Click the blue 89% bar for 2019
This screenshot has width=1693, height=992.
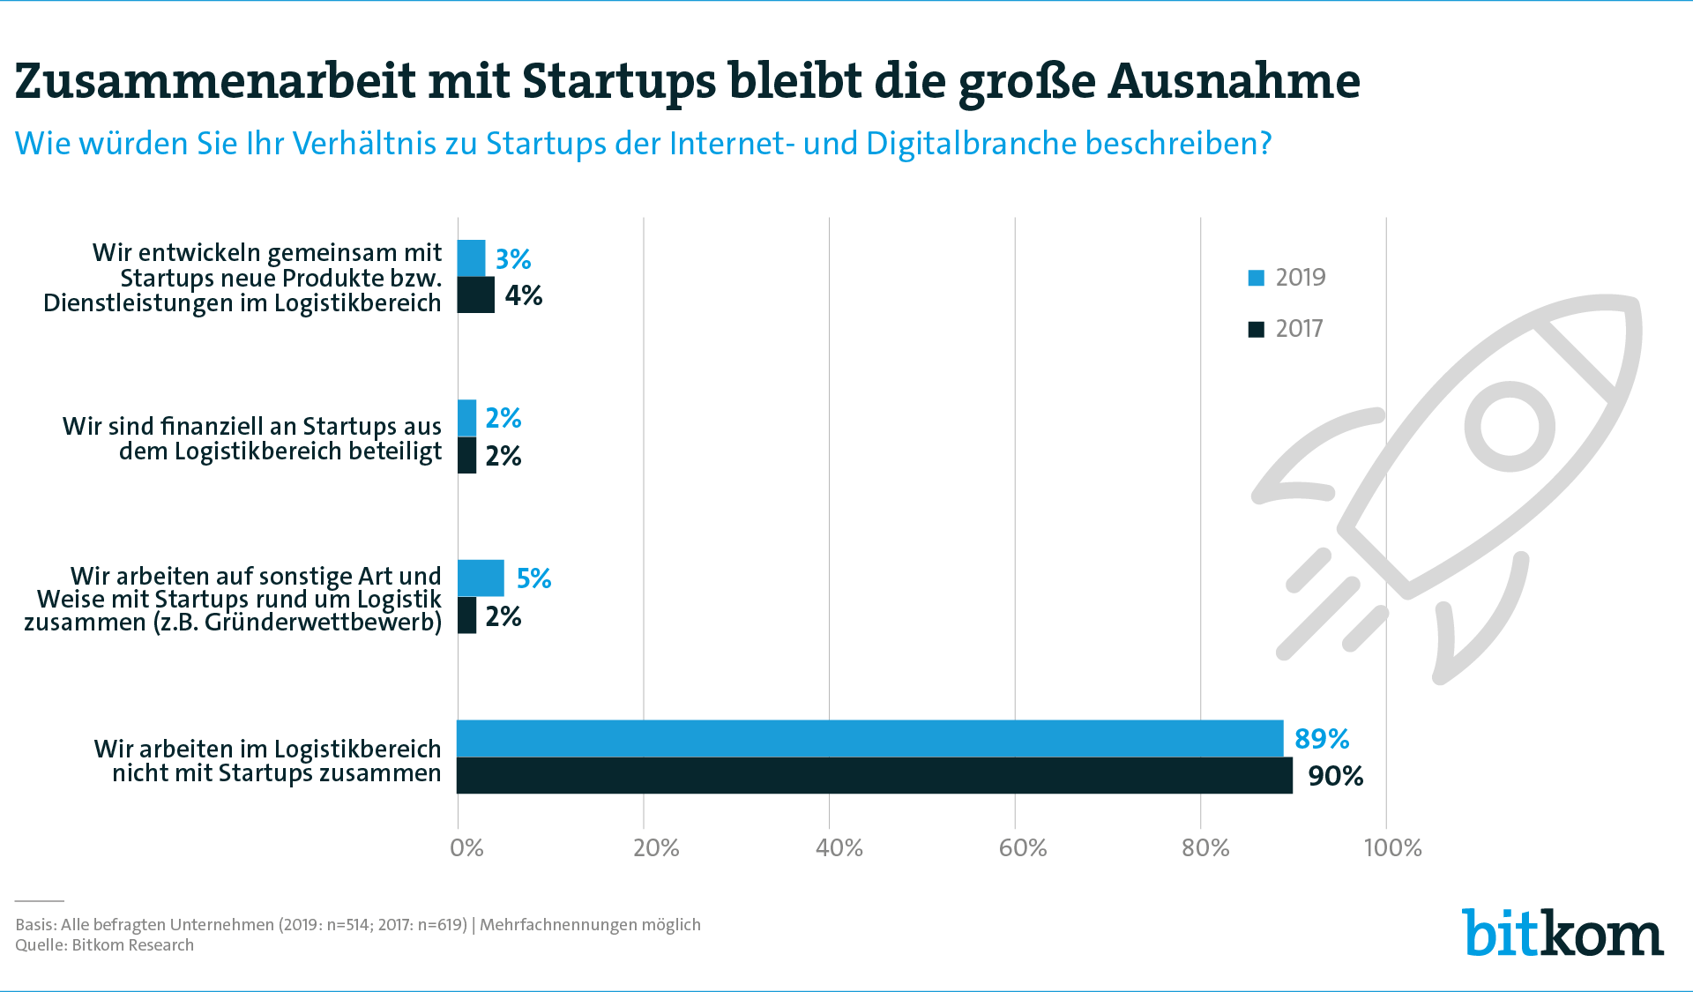(x=869, y=738)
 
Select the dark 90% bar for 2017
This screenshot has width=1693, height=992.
(x=874, y=775)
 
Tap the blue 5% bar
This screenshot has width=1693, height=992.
(x=481, y=578)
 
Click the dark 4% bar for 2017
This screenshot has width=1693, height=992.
(x=475, y=295)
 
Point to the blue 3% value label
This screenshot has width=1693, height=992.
(x=512, y=259)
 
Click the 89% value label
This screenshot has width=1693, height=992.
(x=1321, y=738)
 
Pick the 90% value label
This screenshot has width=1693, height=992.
(x=1335, y=776)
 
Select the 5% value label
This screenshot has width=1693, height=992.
(x=533, y=578)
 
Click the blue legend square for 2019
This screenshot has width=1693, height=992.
(x=1257, y=278)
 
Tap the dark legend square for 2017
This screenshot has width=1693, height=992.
(x=1257, y=329)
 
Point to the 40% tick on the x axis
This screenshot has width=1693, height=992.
(x=839, y=848)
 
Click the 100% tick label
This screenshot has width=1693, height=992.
(x=1392, y=848)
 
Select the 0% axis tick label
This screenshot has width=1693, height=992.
(x=466, y=848)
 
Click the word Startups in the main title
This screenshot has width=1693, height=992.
(x=619, y=82)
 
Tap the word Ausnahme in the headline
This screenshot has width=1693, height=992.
(x=1234, y=82)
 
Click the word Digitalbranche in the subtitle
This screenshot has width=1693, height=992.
(x=971, y=144)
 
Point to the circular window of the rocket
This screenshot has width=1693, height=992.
(x=1509, y=427)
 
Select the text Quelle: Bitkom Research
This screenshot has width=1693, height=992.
(x=104, y=945)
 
